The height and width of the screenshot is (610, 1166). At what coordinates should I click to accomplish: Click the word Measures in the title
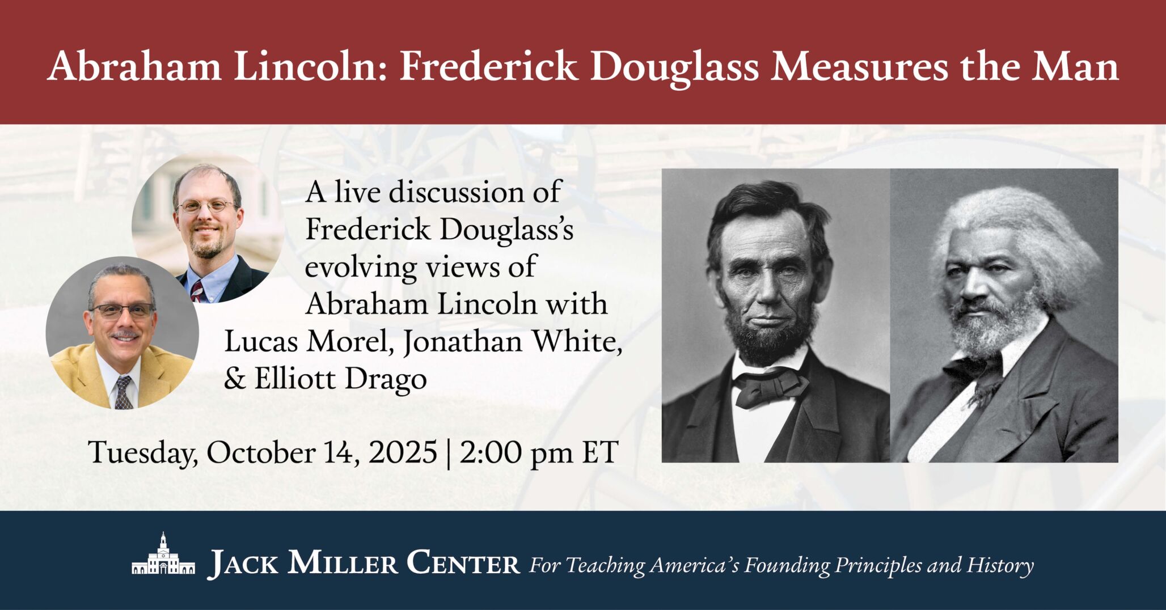point(859,67)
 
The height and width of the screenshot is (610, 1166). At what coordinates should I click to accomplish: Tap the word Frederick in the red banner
point(488,67)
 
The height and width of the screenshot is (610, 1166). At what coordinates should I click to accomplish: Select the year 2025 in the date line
point(403,453)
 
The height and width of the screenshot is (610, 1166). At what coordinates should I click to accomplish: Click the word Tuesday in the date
point(142,453)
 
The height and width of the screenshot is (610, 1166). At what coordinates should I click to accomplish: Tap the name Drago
point(386,379)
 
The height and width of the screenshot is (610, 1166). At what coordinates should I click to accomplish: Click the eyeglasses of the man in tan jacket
point(122,311)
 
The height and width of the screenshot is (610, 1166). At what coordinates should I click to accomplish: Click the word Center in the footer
point(463,564)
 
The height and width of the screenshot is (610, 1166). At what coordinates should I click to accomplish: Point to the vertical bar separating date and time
point(449,453)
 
